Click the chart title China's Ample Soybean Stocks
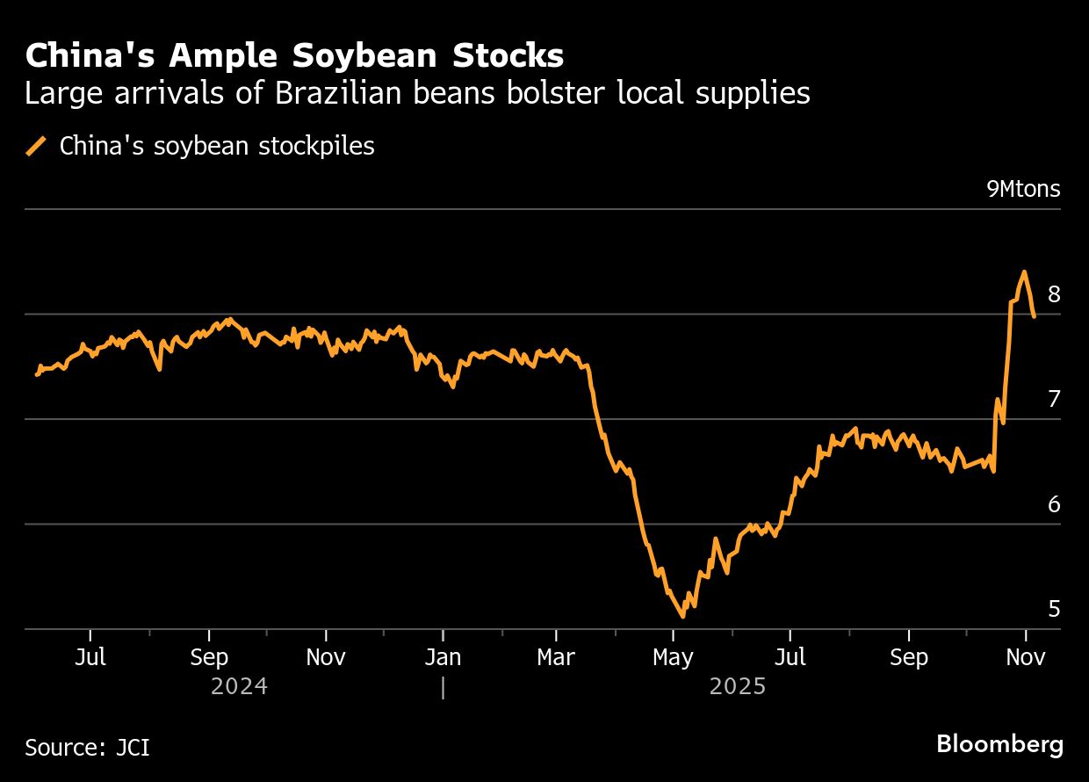pyautogui.click(x=294, y=56)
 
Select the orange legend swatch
pyautogui.click(x=37, y=146)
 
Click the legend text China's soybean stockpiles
pyautogui.click(x=217, y=146)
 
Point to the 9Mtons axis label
pyautogui.click(x=1023, y=189)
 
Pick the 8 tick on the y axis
pyautogui.click(x=1054, y=294)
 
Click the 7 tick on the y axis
pyautogui.click(x=1054, y=400)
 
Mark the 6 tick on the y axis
pyautogui.click(x=1054, y=504)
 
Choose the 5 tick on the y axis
pyautogui.click(x=1054, y=609)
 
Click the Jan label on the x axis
pyautogui.click(x=443, y=657)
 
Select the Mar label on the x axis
pyautogui.click(x=556, y=657)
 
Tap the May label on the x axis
pyautogui.click(x=674, y=657)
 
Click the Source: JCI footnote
pyautogui.click(x=87, y=747)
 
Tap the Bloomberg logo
pyautogui.click(x=999, y=745)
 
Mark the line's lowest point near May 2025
pyautogui.click(x=683, y=617)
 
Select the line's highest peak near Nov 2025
pyautogui.click(x=1024, y=272)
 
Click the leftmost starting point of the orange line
pyautogui.click(x=36, y=375)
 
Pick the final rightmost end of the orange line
pyautogui.click(x=1035, y=316)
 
